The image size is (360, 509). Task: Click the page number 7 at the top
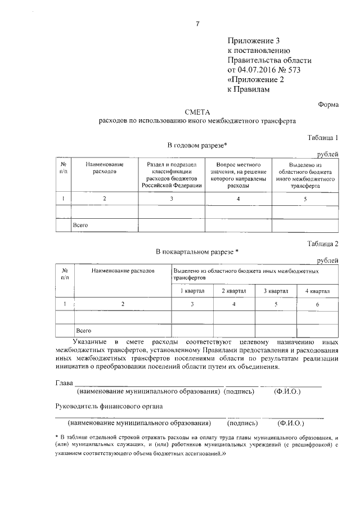(x=198, y=24)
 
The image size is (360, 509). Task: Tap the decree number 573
(x=305, y=70)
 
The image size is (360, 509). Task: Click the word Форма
(x=328, y=103)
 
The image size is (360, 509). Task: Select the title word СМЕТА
(x=197, y=112)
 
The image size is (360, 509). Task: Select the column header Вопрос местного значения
(x=238, y=174)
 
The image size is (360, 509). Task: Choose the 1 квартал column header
(x=192, y=290)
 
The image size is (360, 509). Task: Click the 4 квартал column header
(x=317, y=290)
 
